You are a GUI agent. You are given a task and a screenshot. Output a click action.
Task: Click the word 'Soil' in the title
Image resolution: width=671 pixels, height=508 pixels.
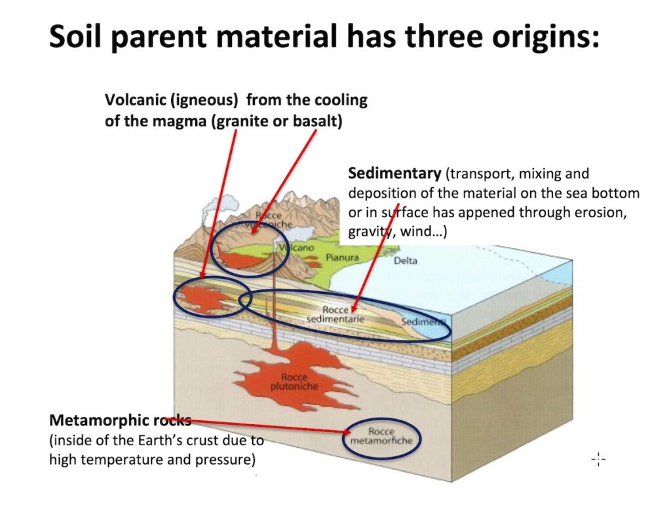[x=75, y=37]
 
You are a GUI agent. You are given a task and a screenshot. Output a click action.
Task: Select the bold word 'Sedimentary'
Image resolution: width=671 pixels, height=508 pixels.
[x=394, y=173]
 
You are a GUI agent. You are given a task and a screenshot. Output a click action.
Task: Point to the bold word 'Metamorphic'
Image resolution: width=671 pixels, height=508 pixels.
[x=99, y=420]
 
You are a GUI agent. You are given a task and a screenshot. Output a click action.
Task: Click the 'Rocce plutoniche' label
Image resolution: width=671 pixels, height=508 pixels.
[x=294, y=382]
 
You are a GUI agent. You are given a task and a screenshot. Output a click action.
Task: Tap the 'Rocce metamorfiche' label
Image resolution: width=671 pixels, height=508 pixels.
[x=381, y=436]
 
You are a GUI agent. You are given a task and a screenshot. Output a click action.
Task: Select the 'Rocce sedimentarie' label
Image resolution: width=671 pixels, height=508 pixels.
[x=335, y=314]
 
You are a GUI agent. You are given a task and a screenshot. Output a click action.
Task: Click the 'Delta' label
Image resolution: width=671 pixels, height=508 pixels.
[x=405, y=261]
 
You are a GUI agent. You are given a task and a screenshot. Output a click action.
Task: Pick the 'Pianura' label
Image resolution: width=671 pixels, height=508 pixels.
[x=342, y=257]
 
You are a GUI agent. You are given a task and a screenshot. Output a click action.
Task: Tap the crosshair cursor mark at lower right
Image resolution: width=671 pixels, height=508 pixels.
[x=598, y=460]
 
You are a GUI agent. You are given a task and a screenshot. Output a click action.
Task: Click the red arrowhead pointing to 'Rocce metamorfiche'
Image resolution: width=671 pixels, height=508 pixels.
[x=347, y=432]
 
